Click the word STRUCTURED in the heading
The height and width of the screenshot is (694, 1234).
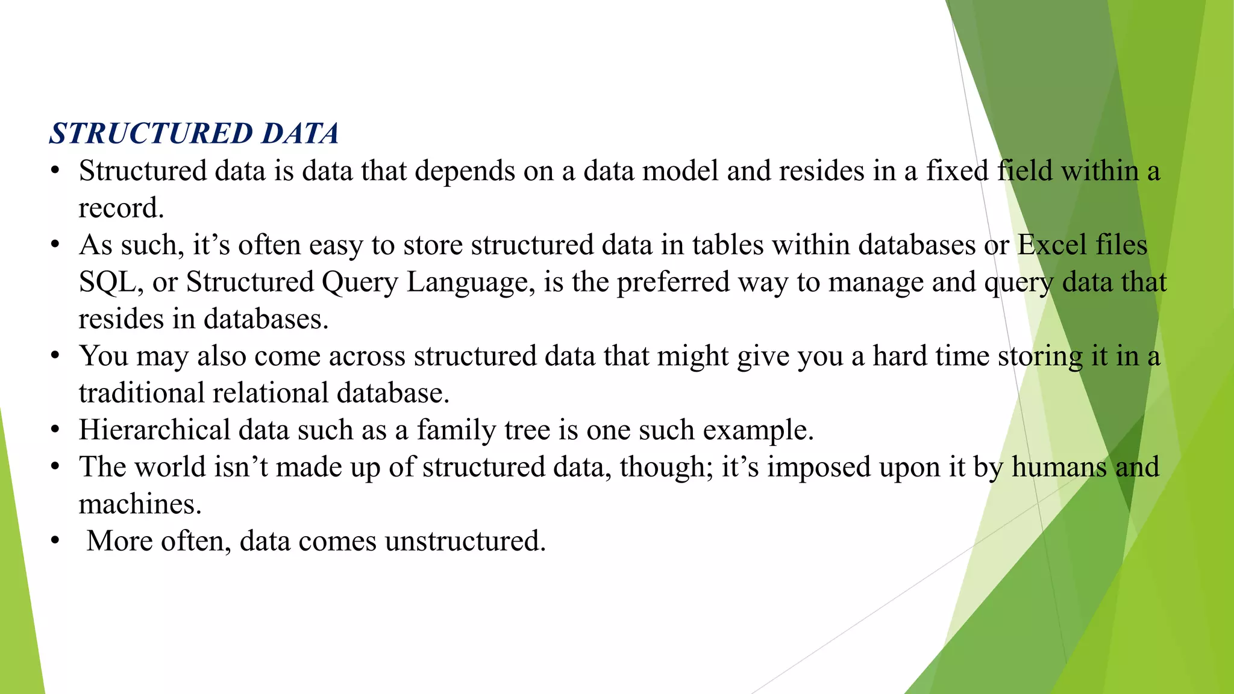point(151,134)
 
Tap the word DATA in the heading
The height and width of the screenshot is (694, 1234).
point(300,134)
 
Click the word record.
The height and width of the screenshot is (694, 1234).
point(121,208)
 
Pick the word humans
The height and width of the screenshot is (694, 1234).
point(1059,467)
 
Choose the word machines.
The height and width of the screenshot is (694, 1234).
point(139,504)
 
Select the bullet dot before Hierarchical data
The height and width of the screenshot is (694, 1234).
point(55,430)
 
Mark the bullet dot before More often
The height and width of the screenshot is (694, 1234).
point(55,541)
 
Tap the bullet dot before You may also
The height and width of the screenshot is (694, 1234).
point(55,356)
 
